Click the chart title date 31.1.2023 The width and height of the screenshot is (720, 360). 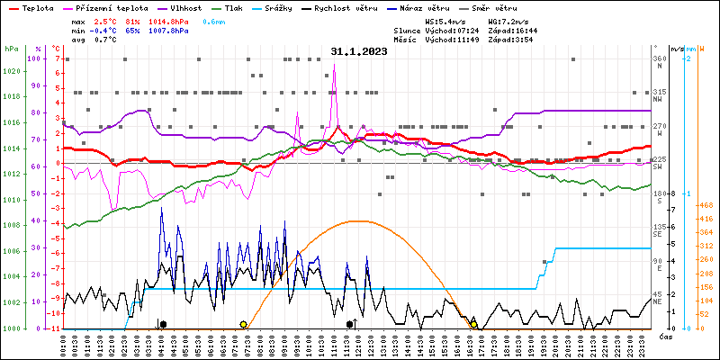pos(358,51)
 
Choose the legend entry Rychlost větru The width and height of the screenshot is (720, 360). pos(369,7)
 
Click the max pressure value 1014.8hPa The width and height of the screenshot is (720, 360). pos(168,19)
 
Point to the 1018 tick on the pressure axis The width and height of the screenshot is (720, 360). pos(12,96)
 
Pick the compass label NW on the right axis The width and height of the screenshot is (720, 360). pos(659,100)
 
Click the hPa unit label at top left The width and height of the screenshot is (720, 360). pos(11,49)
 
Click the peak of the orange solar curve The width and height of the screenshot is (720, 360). pos(359,221)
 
